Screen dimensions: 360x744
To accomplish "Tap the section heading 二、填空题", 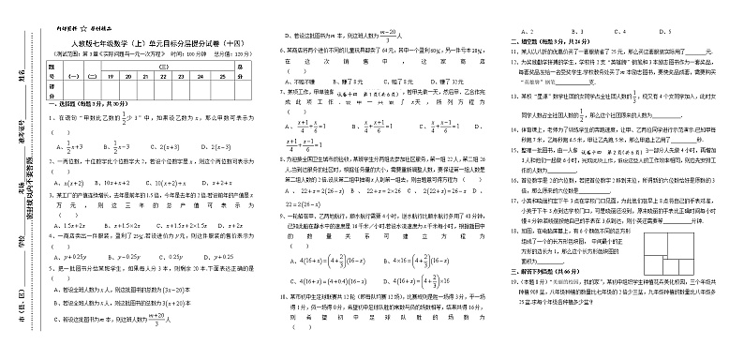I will tap(532, 41).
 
